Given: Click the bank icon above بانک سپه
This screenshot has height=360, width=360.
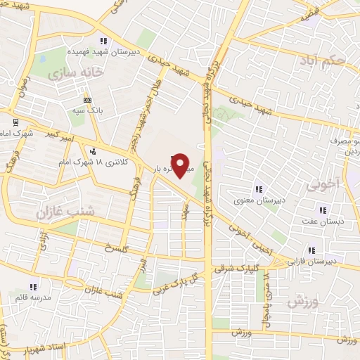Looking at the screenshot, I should [88, 99].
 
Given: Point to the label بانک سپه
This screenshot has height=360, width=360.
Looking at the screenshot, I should [89, 110].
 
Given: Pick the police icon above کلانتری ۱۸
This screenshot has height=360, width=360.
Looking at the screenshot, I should [92, 150].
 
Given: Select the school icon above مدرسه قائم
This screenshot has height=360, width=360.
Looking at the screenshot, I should [32, 286].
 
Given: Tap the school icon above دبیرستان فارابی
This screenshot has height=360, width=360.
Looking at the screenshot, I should [311, 250].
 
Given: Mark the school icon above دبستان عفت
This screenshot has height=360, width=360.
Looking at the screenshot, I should [322, 210].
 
